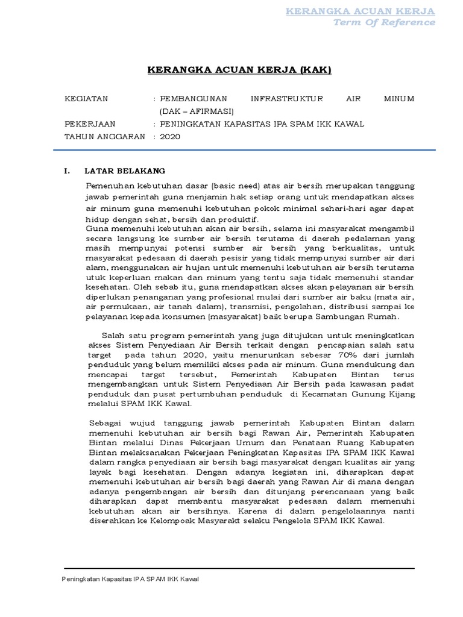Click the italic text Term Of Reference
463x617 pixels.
point(384,22)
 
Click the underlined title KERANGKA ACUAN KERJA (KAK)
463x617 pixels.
point(239,70)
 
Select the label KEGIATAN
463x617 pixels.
point(86,98)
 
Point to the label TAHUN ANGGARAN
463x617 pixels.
point(105,136)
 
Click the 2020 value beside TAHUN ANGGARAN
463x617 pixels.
point(170,136)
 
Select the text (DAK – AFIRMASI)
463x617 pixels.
point(196,111)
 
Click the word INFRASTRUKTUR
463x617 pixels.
point(287,98)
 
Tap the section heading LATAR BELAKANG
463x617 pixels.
point(125,171)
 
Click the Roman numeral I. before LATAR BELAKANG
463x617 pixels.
point(68,171)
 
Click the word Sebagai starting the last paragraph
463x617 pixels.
point(104,424)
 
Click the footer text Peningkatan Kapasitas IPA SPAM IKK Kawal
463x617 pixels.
point(131,579)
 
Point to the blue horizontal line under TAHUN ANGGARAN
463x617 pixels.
point(250,150)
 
